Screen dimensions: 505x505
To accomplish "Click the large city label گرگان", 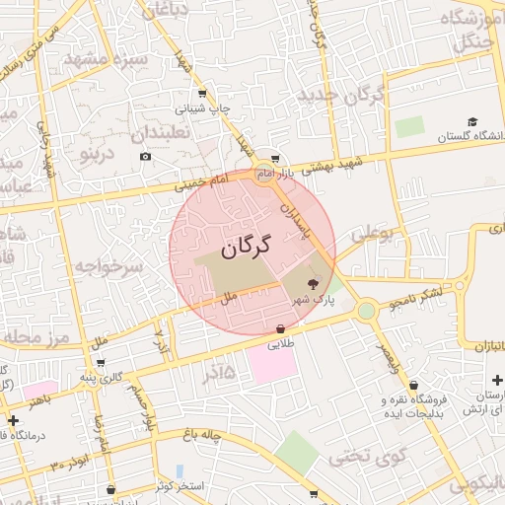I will coord(246,250).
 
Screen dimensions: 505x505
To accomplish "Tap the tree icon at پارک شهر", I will coord(314,284).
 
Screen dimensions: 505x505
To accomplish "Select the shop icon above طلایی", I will coord(281,328).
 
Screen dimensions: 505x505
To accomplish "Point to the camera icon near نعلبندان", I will coord(146,156).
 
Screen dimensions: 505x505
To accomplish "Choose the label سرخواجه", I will coord(110,266).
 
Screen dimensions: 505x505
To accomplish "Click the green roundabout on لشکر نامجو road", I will coord(367,310).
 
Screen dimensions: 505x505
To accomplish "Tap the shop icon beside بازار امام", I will coord(276,158).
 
